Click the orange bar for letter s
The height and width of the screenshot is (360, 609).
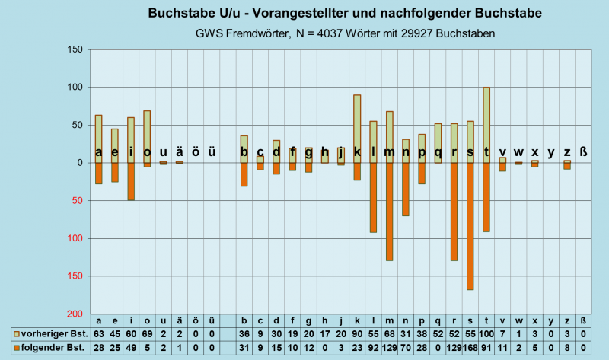pyautogui.click(x=470, y=226)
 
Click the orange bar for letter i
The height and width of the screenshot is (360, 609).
pyautogui.click(x=131, y=181)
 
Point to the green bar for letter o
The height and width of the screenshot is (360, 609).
pyautogui.click(x=147, y=136)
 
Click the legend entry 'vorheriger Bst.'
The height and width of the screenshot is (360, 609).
pyautogui.click(x=49, y=334)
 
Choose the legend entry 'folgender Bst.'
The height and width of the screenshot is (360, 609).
pyautogui.click(x=49, y=348)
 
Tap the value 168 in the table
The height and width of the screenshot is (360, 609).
pyautogui.click(x=470, y=348)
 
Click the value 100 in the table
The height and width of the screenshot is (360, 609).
pyautogui.click(x=486, y=334)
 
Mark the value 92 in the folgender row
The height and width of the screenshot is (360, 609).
pyautogui.click(x=373, y=348)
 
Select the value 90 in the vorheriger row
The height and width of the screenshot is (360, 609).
pyautogui.click(x=357, y=334)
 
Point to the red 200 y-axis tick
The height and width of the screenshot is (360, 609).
pyautogui.click(x=73, y=314)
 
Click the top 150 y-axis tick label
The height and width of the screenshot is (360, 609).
pyautogui.click(x=73, y=49)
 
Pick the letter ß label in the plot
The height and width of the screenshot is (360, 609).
pyautogui.click(x=583, y=151)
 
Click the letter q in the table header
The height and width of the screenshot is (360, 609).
pyautogui.click(x=438, y=320)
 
